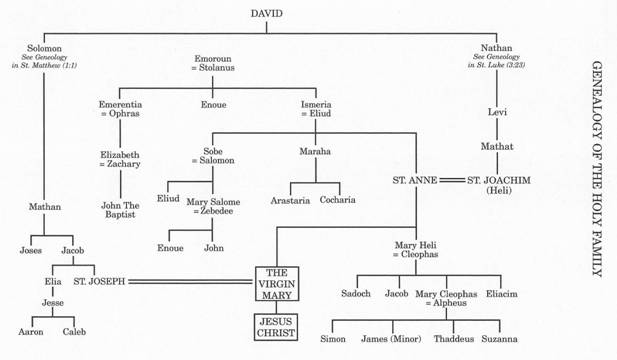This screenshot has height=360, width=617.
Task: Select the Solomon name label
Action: pos(44,47)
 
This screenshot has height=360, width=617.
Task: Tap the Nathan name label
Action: pos(496,47)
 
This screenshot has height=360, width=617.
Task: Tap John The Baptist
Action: pos(119,211)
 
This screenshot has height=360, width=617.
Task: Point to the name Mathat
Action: pos(497,146)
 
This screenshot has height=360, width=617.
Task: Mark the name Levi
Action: pos(497,111)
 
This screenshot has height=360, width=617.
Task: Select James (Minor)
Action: pos(390,339)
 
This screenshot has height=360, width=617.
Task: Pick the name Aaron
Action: pos(31,331)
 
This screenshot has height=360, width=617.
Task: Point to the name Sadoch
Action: pos(356,294)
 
